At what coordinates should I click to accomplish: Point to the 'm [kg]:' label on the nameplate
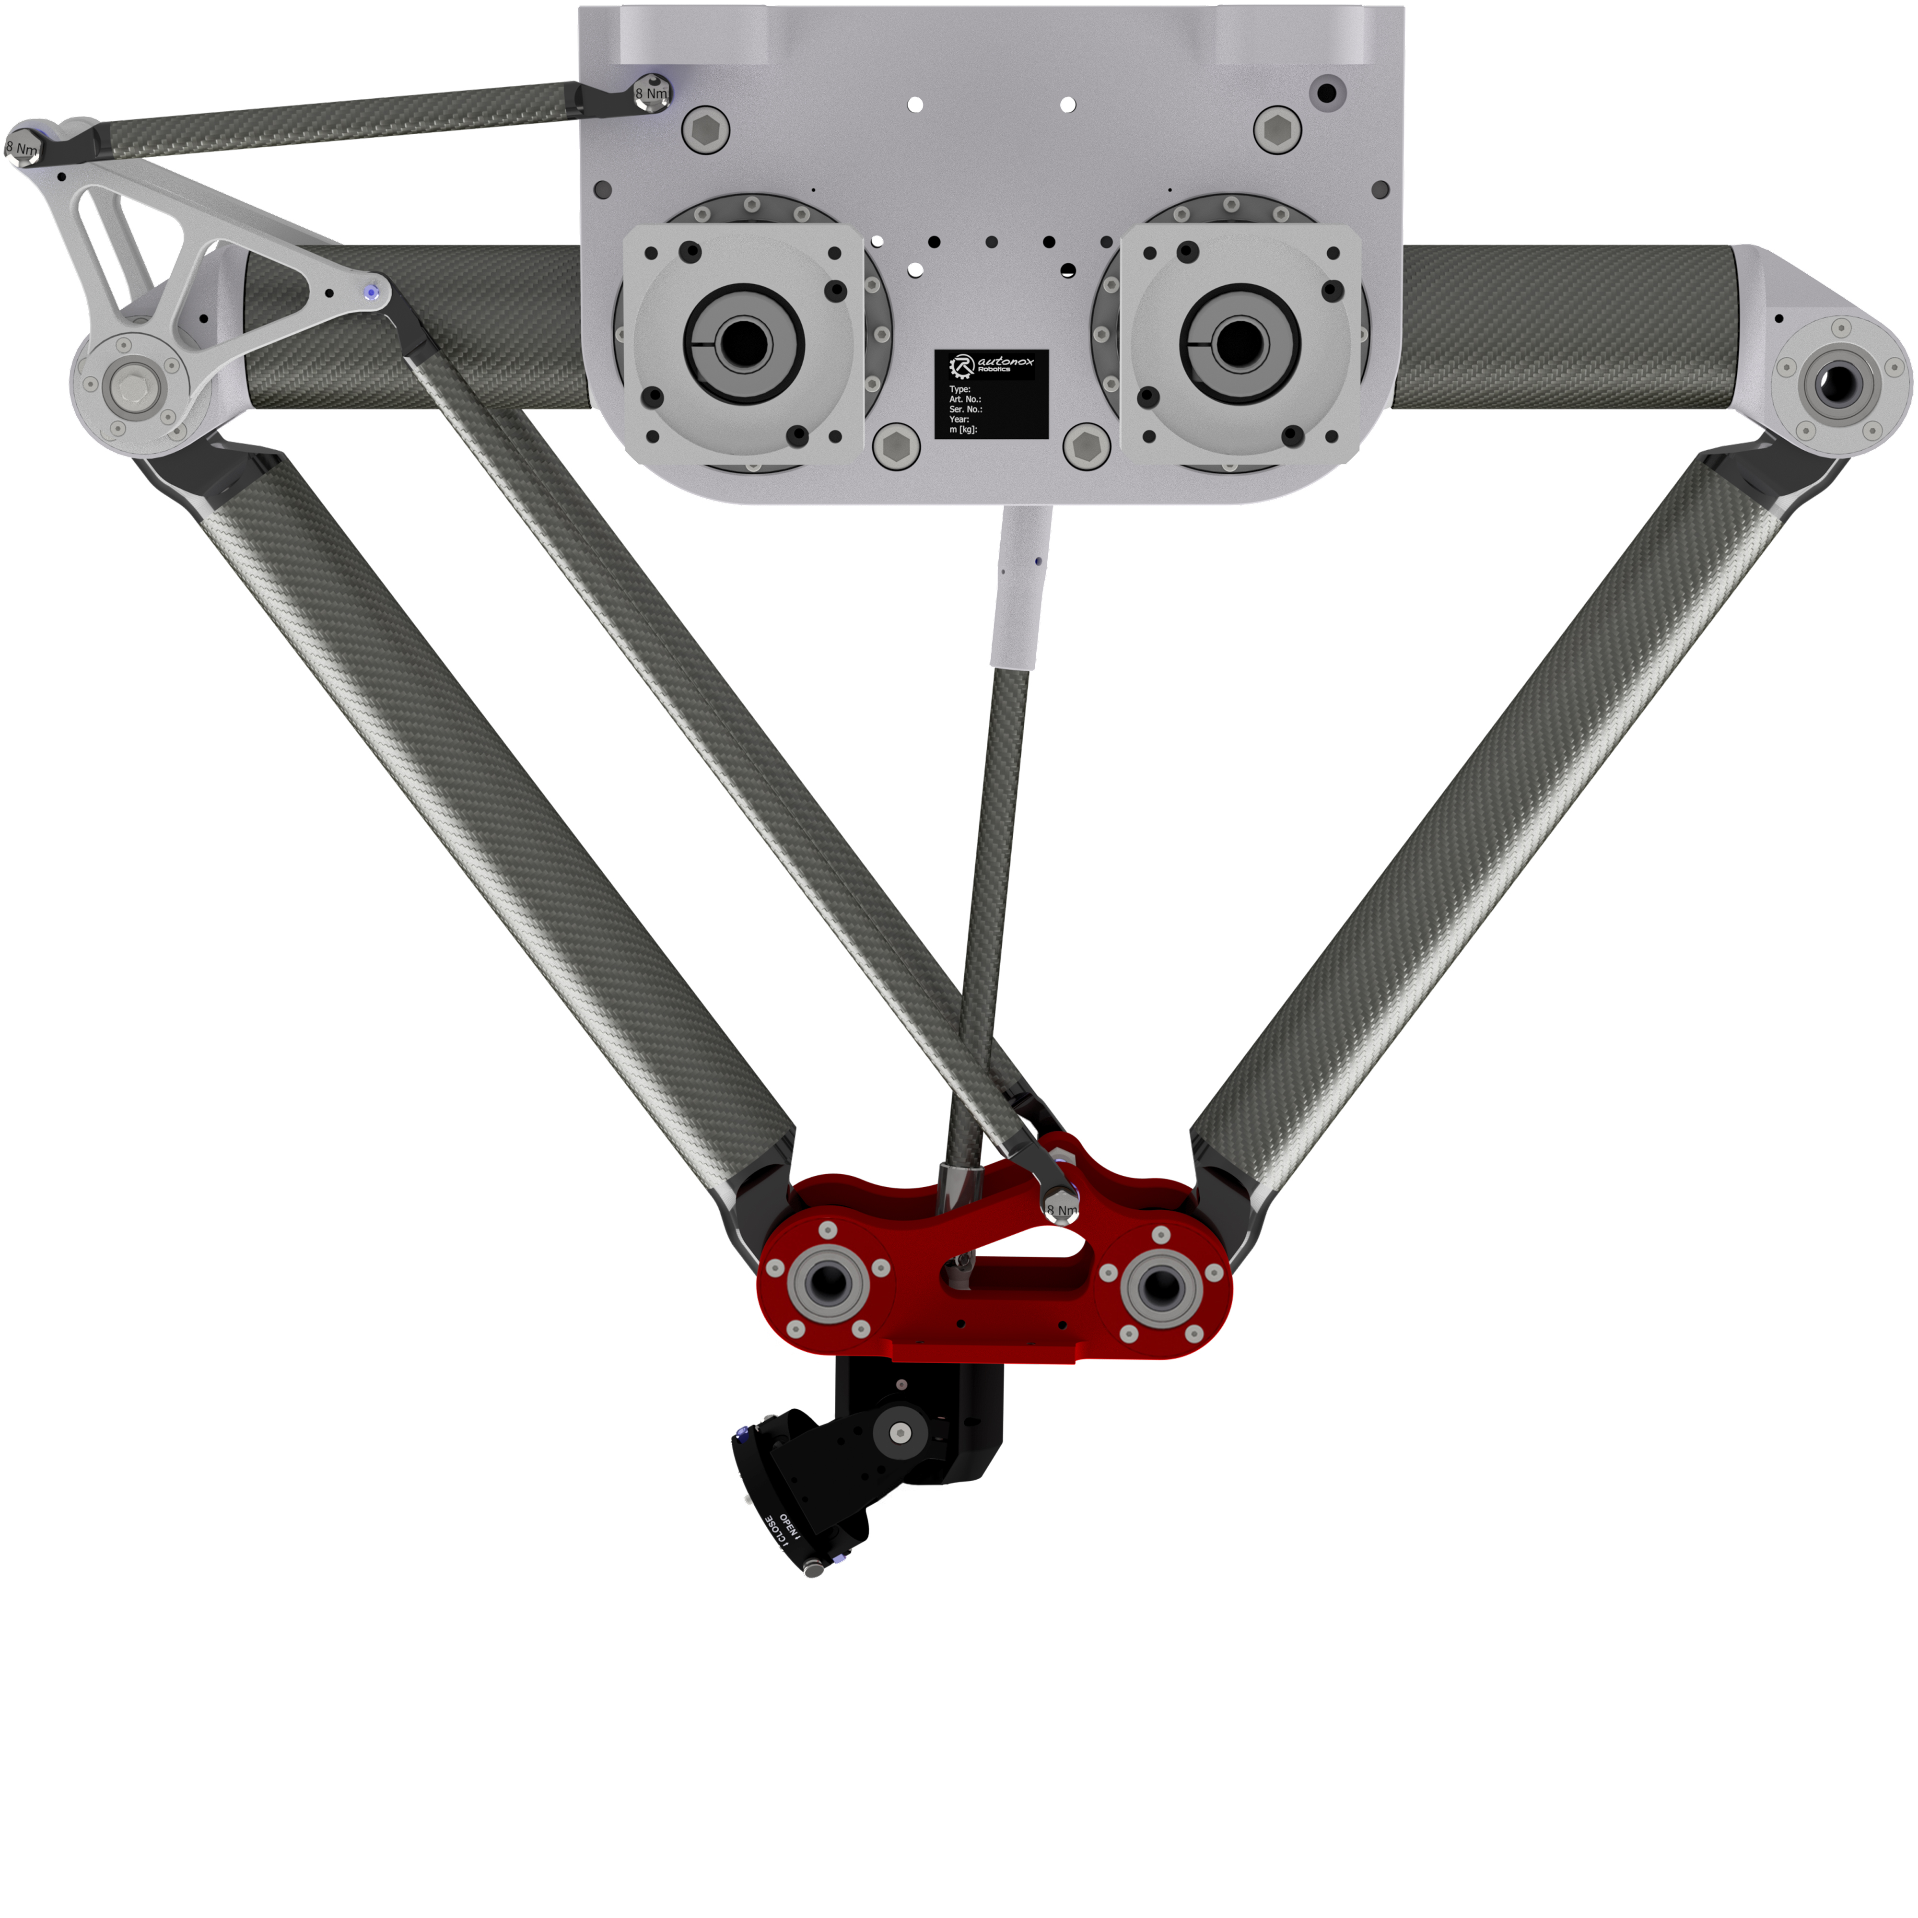[963, 429]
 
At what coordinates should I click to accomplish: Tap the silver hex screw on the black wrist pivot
[901, 1433]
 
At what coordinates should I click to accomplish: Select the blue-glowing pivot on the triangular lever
[371, 292]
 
